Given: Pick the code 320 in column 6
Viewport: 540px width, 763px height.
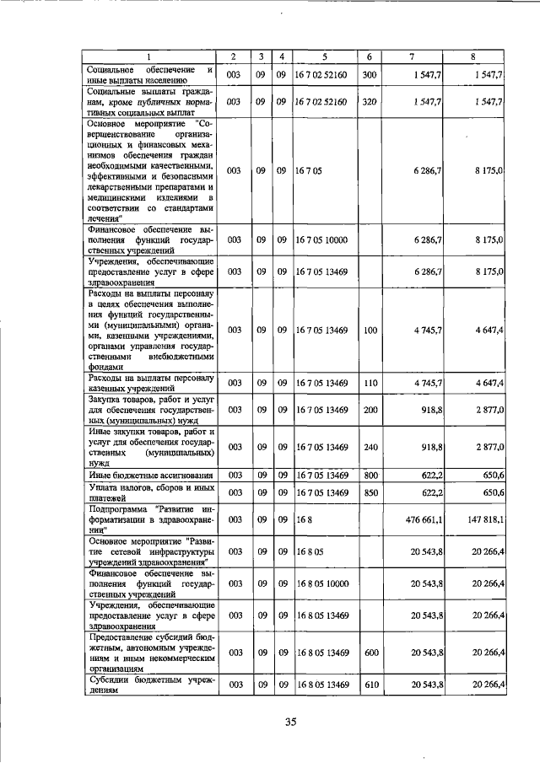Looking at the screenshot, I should point(369,101).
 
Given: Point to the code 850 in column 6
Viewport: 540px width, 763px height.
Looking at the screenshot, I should point(369,492).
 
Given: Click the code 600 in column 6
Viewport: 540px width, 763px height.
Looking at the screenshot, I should point(369,652).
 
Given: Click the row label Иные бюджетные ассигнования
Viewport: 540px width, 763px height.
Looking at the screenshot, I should point(140,476).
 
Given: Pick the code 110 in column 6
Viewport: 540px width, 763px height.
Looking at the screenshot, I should point(369,384).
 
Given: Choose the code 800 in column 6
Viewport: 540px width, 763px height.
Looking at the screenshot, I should point(369,476).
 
